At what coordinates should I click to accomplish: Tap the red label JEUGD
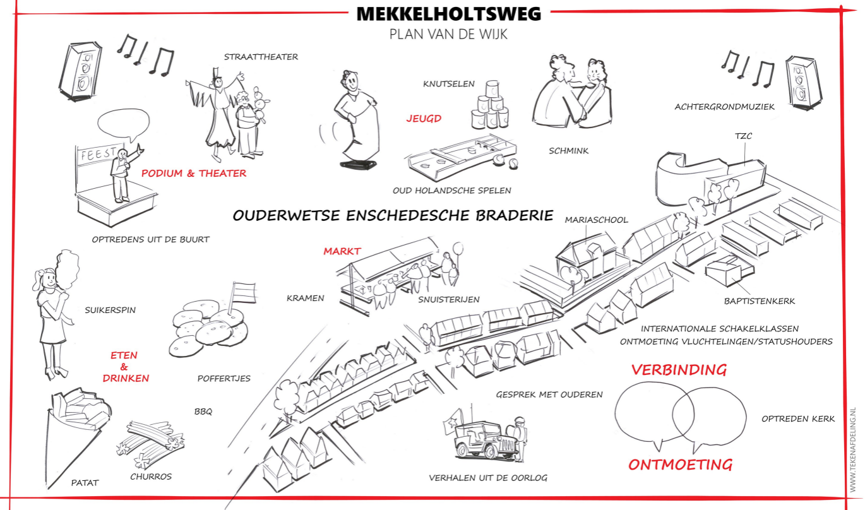point(424,118)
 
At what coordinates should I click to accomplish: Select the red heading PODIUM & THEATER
point(194,174)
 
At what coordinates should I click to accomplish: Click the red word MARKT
point(342,251)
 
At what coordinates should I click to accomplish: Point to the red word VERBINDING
point(679,370)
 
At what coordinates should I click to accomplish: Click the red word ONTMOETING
point(680,465)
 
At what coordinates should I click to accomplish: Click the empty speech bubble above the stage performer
point(125,124)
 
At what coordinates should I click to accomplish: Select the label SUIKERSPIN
point(110,310)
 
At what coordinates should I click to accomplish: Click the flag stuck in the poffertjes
point(242,292)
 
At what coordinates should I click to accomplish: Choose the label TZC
point(743,136)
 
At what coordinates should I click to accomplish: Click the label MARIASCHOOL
point(597,220)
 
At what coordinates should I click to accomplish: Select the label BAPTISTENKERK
point(760,301)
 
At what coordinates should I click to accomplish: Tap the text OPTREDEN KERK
point(798,418)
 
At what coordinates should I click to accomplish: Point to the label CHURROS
point(151,477)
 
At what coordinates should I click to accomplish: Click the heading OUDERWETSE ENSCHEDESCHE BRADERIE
point(393,215)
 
